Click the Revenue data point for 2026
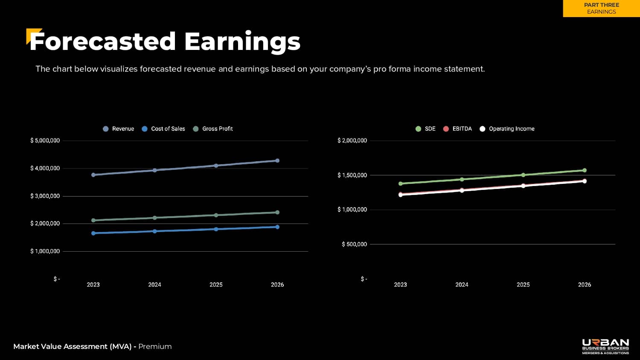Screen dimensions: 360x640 pos(277,161)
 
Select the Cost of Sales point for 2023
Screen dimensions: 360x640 pos(93,233)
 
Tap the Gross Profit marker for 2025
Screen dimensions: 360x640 pos(216,215)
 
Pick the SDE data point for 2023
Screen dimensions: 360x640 pos(400,184)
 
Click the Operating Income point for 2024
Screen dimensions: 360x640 pos(462,191)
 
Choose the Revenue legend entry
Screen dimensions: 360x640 pos(119,129)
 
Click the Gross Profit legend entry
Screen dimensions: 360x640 pos(213,129)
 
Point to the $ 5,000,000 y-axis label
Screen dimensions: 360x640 pos(45,141)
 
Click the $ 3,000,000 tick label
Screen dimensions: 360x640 pos(45,196)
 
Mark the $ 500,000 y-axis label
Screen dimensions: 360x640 pos(354,244)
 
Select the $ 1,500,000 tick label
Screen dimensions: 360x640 pos(352,175)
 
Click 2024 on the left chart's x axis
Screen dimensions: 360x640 pos(154,285)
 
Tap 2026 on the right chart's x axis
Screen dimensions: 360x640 pos(585,285)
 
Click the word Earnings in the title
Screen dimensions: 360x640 pos(242,42)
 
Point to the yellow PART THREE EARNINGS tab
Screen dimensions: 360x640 pos(601,9)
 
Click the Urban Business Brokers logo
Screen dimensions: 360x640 pos(605,346)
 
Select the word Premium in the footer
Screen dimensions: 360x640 pos(155,346)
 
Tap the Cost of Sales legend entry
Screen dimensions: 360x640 pos(163,129)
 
